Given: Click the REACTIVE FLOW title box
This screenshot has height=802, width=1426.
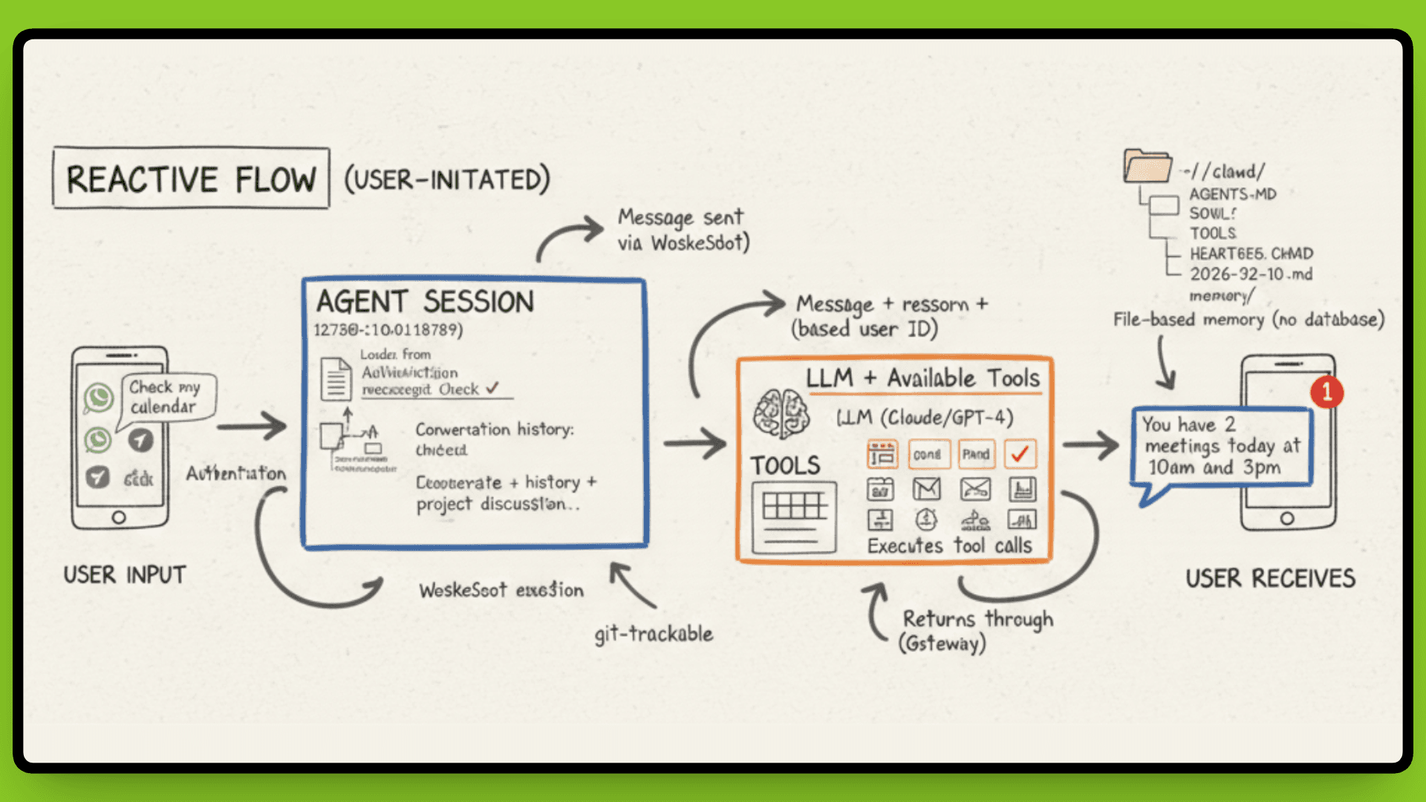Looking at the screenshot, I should (191, 179).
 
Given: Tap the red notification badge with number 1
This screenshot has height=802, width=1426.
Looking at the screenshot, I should (1326, 391).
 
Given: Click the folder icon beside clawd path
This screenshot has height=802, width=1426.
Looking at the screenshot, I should (1147, 166).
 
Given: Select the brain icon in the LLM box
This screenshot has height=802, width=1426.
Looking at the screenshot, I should (781, 413).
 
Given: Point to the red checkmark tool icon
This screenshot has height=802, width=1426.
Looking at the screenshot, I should (1020, 454).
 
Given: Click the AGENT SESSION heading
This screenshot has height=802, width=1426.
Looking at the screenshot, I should (425, 302).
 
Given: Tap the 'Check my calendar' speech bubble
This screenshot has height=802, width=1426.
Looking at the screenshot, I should (166, 397).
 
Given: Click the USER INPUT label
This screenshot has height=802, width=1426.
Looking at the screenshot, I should (124, 575).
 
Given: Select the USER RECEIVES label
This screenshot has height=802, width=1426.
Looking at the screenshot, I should (1270, 578).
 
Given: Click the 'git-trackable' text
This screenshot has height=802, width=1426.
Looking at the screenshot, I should (654, 633).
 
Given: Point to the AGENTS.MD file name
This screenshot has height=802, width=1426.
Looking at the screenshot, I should (1233, 194).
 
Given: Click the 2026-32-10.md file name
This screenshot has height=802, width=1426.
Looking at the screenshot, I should (1251, 274).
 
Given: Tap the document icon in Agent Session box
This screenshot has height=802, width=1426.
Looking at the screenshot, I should (336, 379).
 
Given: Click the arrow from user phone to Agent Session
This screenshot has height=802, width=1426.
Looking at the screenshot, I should (252, 426).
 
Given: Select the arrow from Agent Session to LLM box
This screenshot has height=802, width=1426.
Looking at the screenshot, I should (694, 444).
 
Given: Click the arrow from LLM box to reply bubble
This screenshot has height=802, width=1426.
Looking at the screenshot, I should (1090, 445).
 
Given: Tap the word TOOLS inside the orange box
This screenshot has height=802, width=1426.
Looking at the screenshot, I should (785, 466).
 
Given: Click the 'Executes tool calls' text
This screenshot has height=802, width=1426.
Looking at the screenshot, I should (949, 546).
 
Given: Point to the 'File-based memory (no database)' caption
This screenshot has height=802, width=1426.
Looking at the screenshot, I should (1248, 319).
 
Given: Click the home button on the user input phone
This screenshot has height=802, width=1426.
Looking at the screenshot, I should (119, 518).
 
